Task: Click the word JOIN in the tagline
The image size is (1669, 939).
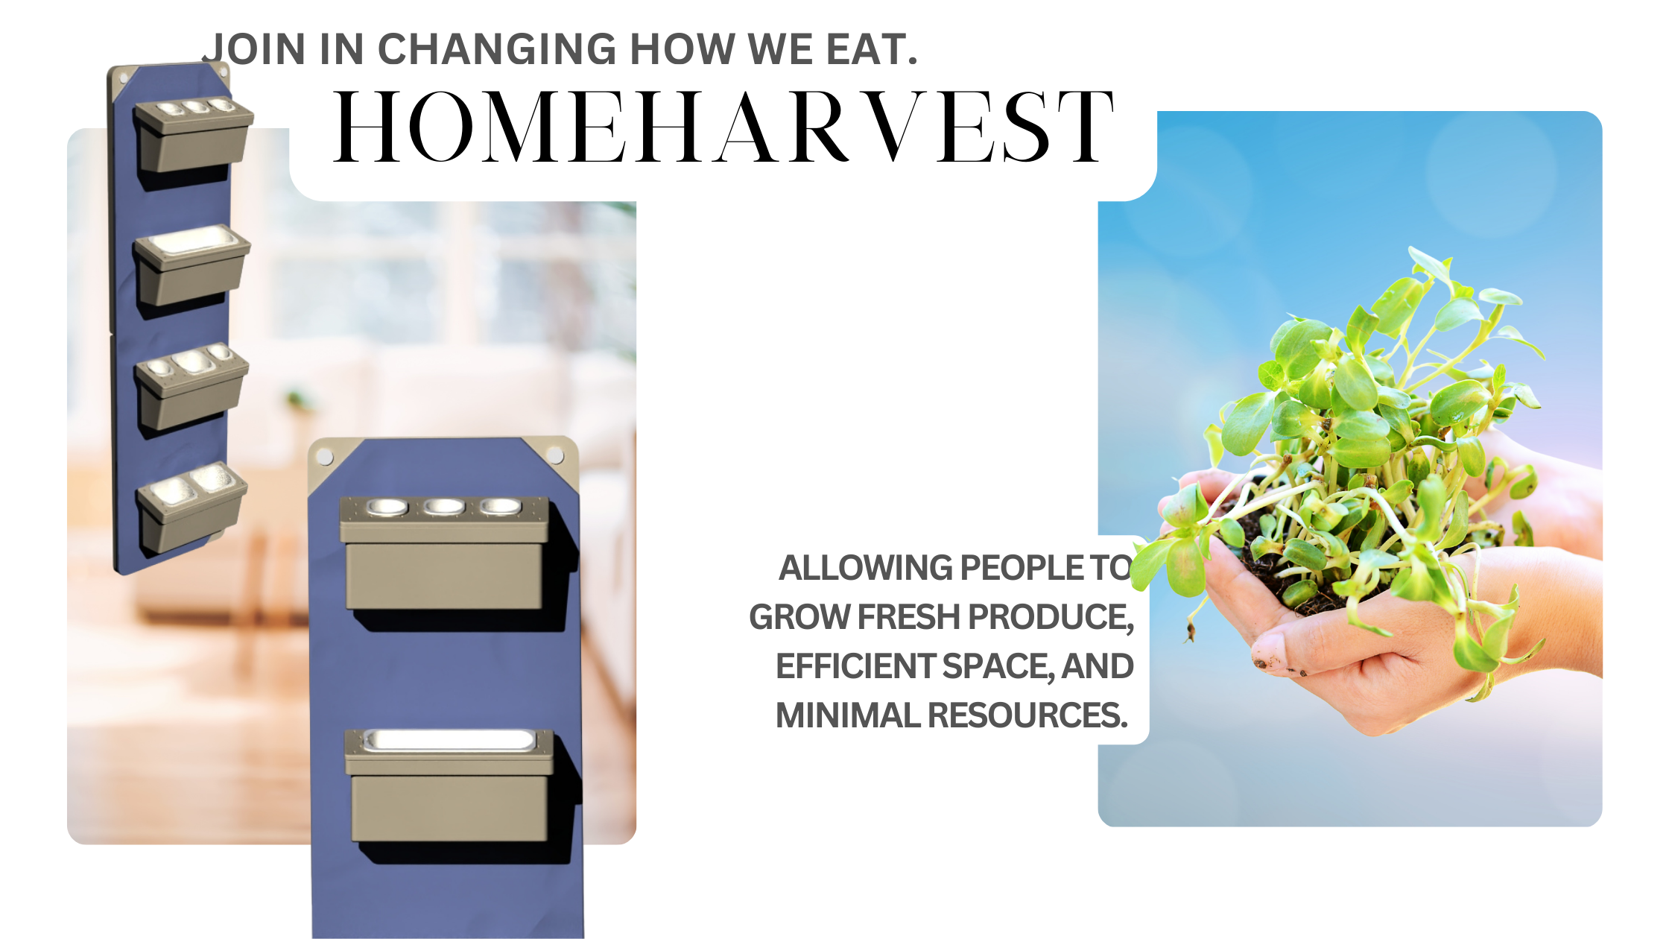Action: tap(254, 49)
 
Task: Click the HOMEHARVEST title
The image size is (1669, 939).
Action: tap(723, 126)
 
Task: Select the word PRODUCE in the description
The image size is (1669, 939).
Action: tap(1051, 618)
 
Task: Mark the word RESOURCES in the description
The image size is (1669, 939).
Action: tap(1028, 715)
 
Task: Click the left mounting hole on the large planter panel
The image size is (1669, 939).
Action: tap(325, 457)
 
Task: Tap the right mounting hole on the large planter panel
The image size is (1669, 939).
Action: tap(555, 455)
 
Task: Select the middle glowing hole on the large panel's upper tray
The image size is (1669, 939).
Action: tap(444, 508)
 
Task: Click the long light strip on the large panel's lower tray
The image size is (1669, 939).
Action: tap(449, 740)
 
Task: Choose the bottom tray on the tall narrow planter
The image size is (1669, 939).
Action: tap(191, 507)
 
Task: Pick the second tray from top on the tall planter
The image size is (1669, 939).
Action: tap(191, 265)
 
